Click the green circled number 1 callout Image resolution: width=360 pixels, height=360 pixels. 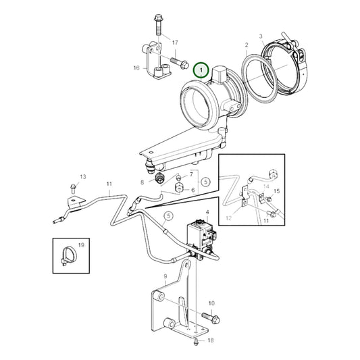pyautogui.click(x=201, y=70)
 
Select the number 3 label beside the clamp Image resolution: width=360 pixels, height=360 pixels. pyautogui.click(x=261, y=36)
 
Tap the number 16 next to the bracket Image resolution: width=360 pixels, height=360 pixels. pyautogui.click(x=136, y=68)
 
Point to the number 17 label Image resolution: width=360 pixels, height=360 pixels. pyautogui.click(x=175, y=43)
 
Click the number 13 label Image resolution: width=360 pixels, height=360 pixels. pyautogui.click(x=83, y=176)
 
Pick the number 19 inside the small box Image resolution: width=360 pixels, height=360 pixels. pyautogui.click(x=81, y=245)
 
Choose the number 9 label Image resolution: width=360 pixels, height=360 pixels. pyautogui.click(x=165, y=276)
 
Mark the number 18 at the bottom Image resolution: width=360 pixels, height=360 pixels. pyautogui.click(x=211, y=340)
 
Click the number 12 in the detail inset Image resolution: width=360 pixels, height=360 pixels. pyautogui.click(x=229, y=218)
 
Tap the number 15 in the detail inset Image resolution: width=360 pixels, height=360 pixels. pyautogui.click(x=277, y=191)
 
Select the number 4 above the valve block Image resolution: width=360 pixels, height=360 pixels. pyautogui.click(x=207, y=212)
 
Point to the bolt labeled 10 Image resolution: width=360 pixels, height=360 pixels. pyautogui.click(x=211, y=318)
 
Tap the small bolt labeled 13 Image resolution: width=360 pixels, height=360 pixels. pyautogui.click(x=73, y=188)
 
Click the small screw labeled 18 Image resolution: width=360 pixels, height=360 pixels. pyautogui.click(x=196, y=342)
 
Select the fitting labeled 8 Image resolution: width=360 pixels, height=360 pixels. pyautogui.click(x=158, y=179)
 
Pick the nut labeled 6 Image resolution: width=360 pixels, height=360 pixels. pyautogui.click(x=178, y=188)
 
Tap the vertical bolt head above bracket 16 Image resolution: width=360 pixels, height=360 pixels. pyautogui.click(x=158, y=17)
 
